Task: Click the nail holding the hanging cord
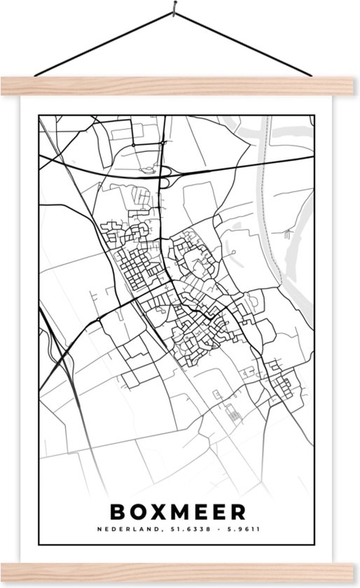coord(170,10)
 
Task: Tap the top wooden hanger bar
coord(180,85)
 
